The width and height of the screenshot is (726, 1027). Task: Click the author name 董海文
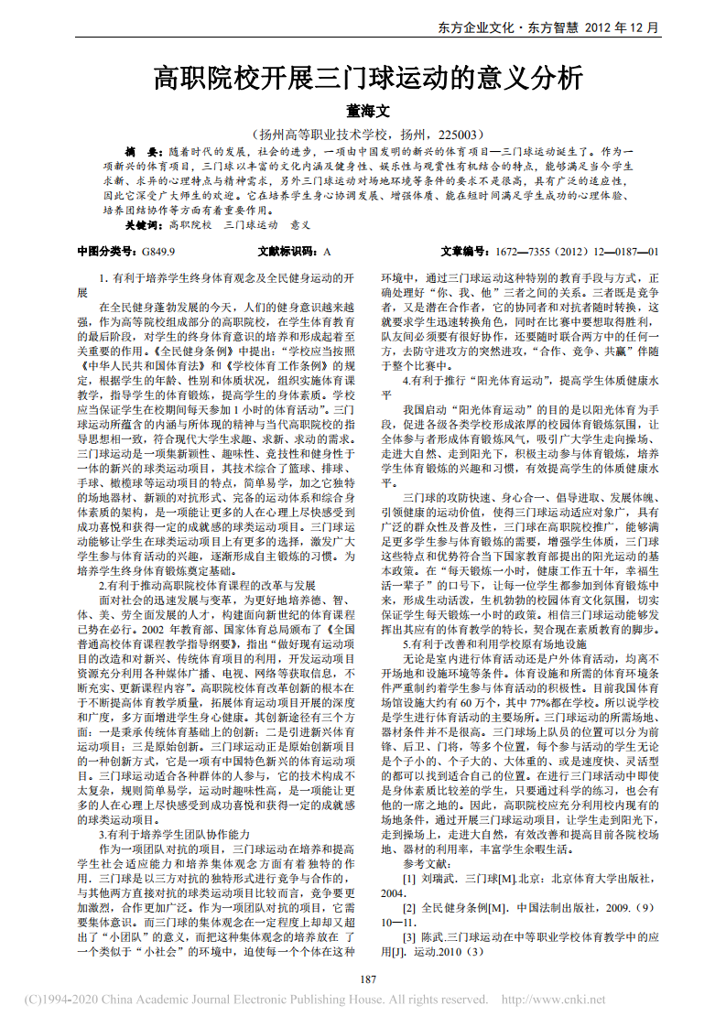[x=366, y=111]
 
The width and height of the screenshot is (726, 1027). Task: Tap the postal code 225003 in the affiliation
[x=454, y=133]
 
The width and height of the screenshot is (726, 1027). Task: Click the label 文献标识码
[x=285, y=251]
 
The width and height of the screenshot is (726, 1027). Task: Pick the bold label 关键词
[x=142, y=224]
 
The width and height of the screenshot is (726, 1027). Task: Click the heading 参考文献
[x=428, y=864]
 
